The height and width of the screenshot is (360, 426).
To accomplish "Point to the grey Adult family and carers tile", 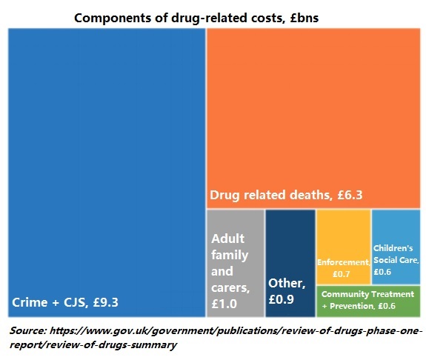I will tap(235, 222).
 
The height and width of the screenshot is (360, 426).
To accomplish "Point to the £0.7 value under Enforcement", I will tap(342, 274).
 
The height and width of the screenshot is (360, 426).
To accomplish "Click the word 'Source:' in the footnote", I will tap(32, 330).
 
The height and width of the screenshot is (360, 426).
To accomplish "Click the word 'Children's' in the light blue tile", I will tap(393, 248).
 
